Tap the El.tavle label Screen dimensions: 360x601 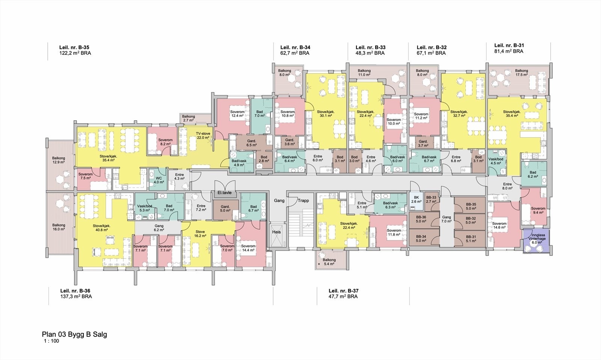(x=225, y=193)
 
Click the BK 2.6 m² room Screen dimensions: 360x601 (x=416, y=199)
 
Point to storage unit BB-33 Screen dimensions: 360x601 (x=431, y=200)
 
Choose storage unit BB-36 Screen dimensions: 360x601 (x=421, y=219)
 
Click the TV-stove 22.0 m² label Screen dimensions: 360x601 (x=203, y=136)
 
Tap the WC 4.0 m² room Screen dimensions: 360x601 (x=159, y=180)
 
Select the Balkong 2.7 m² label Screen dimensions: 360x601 (x=189, y=118)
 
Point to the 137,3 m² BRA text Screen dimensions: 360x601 (x=76, y=296)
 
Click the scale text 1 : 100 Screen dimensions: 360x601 (x=51, y=341)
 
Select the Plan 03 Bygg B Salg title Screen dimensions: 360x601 (x=74, y=334)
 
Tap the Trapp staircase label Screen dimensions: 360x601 (x=303, y=200)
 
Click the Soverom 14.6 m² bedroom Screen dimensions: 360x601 (x=500, y=225)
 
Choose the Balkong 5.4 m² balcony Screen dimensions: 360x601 (x=329, y=262)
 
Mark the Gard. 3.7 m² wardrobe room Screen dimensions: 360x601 (x=423, y=143)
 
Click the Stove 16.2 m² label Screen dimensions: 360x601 (x=200, y=234)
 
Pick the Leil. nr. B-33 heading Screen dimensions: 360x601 (x=370, y=47)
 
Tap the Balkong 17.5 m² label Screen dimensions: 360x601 (x=521, y=73)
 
